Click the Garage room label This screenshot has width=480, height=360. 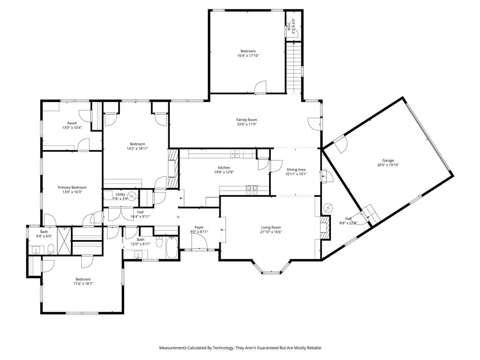(x=388, y=160)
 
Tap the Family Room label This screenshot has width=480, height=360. (x=247, y=120)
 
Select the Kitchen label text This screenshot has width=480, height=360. (x=224, y=168)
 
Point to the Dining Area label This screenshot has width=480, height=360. (x=296, y=170)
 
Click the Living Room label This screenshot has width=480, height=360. (x=271, y=228)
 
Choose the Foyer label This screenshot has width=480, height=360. (x=199, y=227)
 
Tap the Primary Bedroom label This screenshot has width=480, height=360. (x=72, y=187)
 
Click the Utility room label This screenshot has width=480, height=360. (x=120, y=195)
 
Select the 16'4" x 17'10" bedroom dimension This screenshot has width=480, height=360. (x=248, y=56)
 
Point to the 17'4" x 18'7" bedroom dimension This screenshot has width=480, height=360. (x=83, y=284)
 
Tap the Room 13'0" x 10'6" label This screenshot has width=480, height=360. (x=72, y=125)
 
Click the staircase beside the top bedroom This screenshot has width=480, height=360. (x=294, y=66)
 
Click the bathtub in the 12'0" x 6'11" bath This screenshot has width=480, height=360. (x=172, y=247)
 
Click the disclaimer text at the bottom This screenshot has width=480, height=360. (x=240, y=348)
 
